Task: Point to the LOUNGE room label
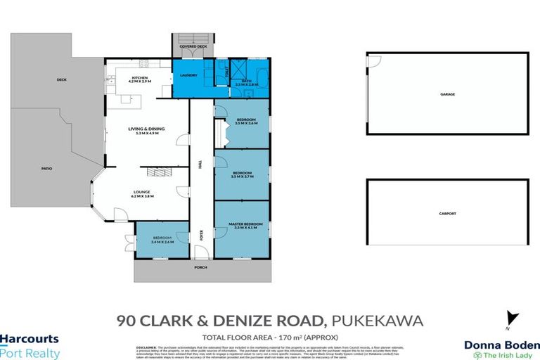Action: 143,191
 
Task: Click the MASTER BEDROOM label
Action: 245,224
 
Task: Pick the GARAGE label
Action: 447,94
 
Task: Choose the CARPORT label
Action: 447,214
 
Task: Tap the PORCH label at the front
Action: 202,268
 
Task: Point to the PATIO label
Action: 47,169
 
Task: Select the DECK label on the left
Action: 61,80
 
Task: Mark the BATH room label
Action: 252,82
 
